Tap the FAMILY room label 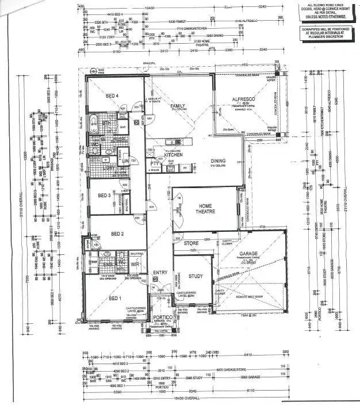coord(177,106)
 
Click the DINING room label coord(217,161)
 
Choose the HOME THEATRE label coord(205,209)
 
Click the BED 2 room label coord(117,234)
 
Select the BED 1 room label coord(115,298)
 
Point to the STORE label coord(191,243)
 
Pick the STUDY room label coord(196,276)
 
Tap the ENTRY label coord(159,272)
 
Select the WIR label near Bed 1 coord(136,264)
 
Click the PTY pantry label coord(154,163)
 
